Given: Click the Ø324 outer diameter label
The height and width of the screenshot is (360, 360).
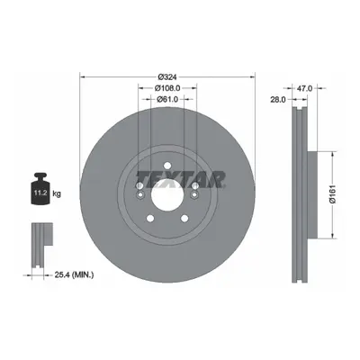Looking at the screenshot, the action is pyautogui.click(x=166, y=77).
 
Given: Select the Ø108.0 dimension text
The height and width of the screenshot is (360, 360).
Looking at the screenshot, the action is pyautogui.click(x=167, y=88).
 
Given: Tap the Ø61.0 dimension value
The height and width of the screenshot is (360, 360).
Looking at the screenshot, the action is pyautogui.click(x=167, y=99).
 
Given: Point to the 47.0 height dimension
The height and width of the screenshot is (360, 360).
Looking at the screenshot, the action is pyautogui.click(x=305, y=88).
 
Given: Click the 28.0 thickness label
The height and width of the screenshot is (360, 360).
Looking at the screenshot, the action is pyautogui.click(x=278, y=100).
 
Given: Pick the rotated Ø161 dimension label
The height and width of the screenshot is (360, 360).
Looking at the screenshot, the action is pyautogui.click(x=333, y=195).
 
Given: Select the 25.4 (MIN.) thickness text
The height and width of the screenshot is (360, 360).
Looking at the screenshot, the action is pyautogui.click(x=74, y=274).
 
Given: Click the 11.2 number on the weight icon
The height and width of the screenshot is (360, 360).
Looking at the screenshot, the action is pyautogui.click(x=40, y=193).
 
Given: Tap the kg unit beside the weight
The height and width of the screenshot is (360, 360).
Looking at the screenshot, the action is pyautogui.click(x=57, y=193).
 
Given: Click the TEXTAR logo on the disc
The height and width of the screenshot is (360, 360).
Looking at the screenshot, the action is pyautogui.click(x=181, y=179).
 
